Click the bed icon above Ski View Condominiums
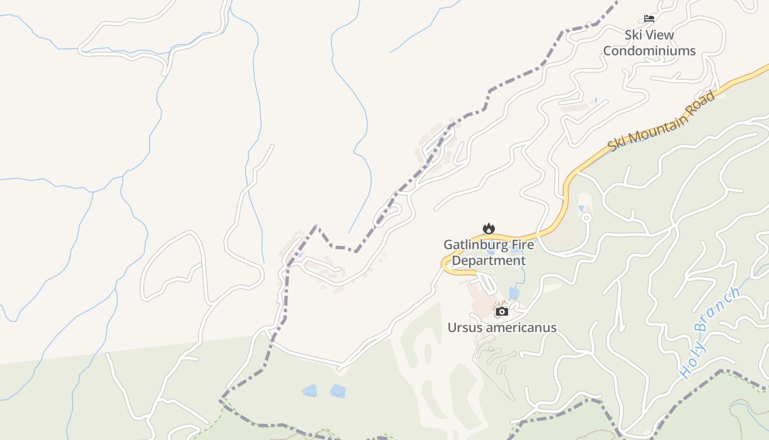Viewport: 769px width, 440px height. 649,19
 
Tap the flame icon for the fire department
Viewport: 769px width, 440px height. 488,228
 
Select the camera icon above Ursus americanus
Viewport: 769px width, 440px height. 501,312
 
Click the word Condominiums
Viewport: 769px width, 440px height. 649,51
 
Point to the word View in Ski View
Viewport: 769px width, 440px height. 661,35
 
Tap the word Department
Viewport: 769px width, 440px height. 488,261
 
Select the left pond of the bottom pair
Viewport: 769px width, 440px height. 309,391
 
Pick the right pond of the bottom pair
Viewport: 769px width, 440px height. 338,392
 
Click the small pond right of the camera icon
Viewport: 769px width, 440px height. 514,293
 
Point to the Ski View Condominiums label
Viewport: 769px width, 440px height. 649,43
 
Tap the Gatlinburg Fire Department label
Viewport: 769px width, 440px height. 488,252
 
